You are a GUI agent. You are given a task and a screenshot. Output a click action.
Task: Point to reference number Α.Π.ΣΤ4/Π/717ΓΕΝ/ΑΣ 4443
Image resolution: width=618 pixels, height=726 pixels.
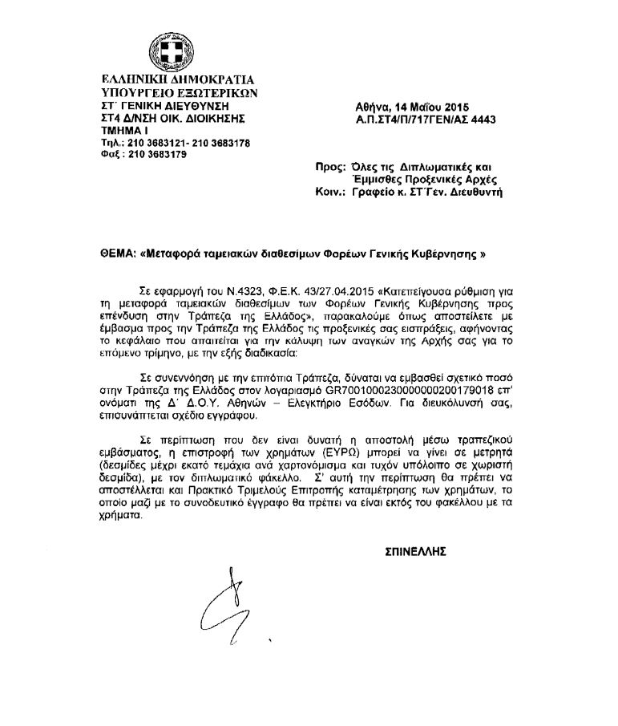tap(426, 120)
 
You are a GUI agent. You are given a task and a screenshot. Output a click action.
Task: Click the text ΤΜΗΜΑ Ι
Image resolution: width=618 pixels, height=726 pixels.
tap(124, 129)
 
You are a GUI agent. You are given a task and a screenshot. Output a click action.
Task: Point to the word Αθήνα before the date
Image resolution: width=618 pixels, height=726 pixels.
tap(371, 108)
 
